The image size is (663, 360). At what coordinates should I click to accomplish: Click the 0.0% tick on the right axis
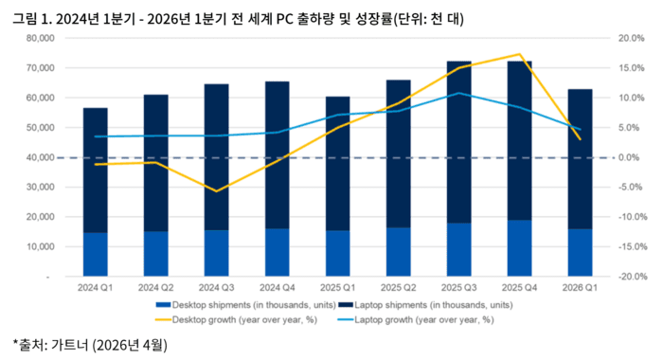point(632,157)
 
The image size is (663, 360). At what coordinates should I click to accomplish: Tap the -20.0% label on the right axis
point(630,277)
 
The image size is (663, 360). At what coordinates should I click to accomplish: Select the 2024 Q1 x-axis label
point(95,287)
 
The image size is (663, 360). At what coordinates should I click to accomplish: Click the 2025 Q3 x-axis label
point(459,287)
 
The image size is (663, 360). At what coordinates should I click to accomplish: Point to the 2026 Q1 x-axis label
point(580,287)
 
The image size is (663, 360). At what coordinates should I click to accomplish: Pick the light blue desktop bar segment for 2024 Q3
point(216,253)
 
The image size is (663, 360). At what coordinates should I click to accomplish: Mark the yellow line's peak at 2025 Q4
point(519,54)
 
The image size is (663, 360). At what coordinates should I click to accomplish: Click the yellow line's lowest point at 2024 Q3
point(216,191)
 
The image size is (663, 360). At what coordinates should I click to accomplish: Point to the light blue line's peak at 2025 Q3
point(458,93)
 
